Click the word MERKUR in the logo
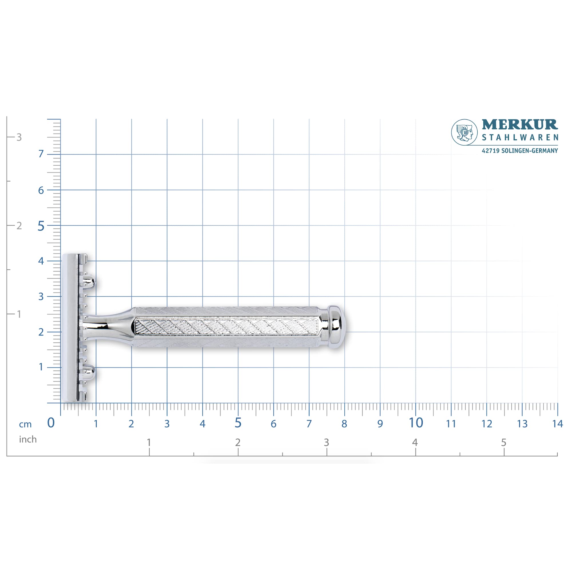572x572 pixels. pos(520,125)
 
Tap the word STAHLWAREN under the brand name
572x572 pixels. pos(520,138)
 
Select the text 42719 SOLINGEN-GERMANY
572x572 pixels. pos(520,151)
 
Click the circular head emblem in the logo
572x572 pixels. pos(464,132)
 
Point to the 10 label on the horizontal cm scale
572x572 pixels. pos(416,423)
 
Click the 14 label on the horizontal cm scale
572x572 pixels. pos(557,424)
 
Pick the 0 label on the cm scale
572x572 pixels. pos(51,423)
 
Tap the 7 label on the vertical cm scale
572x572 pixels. pos(41,154)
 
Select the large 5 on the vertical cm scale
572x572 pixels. pos(41,226)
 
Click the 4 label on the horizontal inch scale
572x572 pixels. pos(415,443)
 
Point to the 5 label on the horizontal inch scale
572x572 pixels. pos(504,443)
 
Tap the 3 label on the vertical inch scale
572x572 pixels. pos(19,137)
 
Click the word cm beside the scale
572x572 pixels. pos(25,424)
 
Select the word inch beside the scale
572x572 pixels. pos(28,439)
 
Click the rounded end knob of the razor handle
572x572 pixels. pos(337,327)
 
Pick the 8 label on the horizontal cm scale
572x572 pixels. pos(344,424)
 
